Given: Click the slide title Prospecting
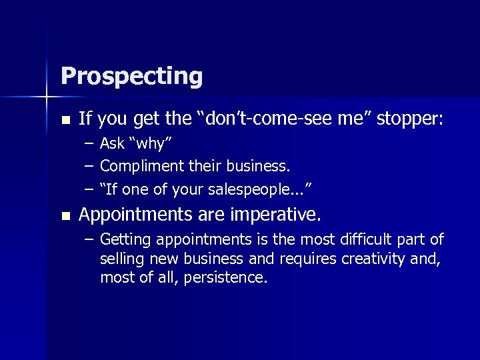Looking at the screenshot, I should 131,76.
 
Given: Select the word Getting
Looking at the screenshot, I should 125,240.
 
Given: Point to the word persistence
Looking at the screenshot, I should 230,277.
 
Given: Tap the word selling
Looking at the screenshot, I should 120,259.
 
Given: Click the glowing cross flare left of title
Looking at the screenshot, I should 47,98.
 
